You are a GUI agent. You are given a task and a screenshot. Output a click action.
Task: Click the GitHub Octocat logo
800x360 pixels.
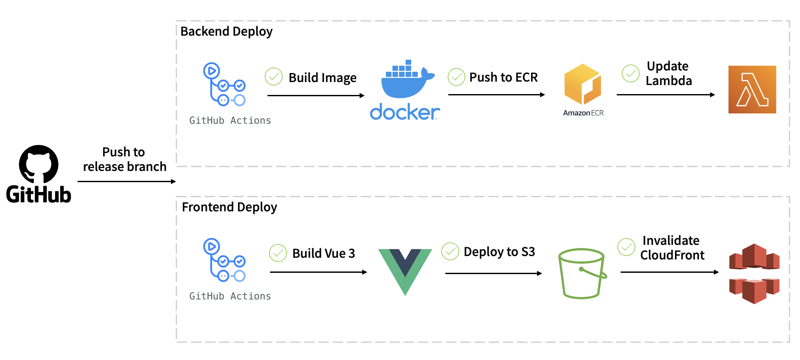click(x=39, y=164)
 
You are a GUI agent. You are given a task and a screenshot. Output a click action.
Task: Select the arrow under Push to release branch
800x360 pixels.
click(x=127, y=181)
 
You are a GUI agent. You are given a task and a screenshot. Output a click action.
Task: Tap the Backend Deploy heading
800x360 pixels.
click(x=226, y=31)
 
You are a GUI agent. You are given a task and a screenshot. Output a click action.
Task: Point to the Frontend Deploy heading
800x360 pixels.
click(x=229, y=207)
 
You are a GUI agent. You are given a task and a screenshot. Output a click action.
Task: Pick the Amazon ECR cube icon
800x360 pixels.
click(x=583, y=84)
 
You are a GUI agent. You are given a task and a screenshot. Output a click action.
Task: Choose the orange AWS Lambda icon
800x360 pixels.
click(x=752, y=89)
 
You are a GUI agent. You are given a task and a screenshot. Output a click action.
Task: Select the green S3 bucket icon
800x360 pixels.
click(x=582, y=273)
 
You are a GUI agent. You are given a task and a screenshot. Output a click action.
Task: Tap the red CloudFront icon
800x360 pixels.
click(x=754, y=274)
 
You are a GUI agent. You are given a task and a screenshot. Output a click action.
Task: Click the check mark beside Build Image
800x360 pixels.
click(x=274, y=77)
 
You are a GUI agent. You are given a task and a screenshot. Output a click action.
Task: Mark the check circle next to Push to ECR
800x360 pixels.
click(x=456, y=77)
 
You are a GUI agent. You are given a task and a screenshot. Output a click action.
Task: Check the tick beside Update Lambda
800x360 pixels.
click(x=631, y=73)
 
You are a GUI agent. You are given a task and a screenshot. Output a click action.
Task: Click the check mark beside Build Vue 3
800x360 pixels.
click(x=278, y=253)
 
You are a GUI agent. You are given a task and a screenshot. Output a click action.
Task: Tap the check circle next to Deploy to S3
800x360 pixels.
click(x=450, y=251)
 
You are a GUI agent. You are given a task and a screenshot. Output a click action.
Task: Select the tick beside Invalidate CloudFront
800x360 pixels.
click(x=626, y=247)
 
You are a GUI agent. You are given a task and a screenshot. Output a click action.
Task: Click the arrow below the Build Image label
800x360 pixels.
click(x=316, y=95)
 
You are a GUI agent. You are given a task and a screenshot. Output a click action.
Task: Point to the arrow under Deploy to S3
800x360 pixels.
click(x=494, y=273)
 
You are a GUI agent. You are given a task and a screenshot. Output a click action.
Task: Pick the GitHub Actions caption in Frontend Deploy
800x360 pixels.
click(x=230, y=296)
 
